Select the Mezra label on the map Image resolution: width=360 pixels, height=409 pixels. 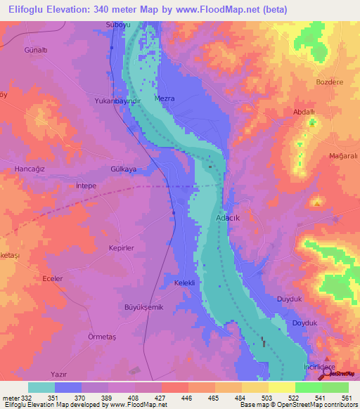(165, 98)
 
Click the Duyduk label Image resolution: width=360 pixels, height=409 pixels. (289, 299)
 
